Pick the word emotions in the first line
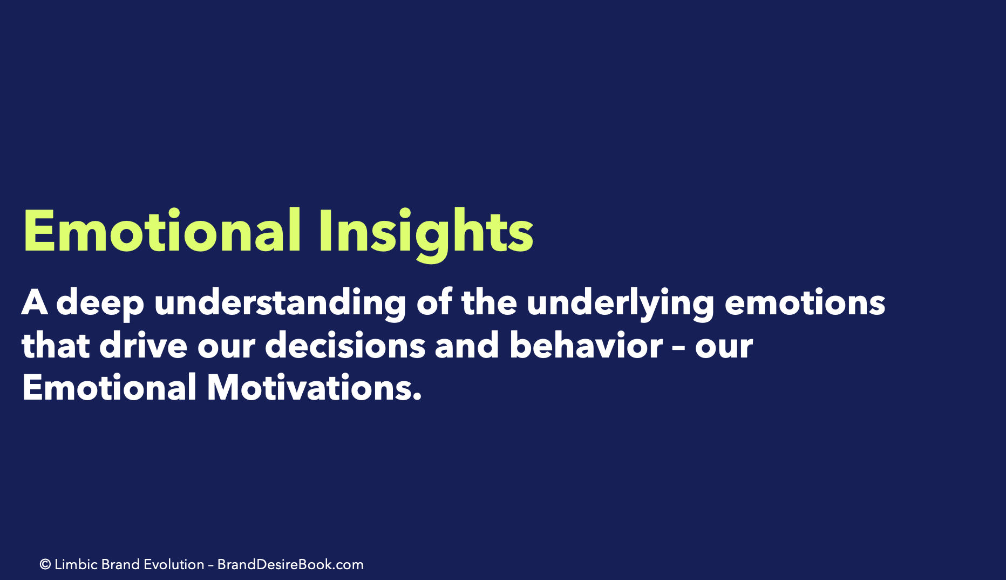(805, 303)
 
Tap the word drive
(143, 346)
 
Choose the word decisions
(345, 346)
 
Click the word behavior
(586, 346)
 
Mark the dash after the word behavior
(679, 348)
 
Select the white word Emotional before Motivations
(110, 388)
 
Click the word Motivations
(314, 388)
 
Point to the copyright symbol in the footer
(45, 565)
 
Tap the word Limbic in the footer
(76, 564)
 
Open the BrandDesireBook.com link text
(290, 564)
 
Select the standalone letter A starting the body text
(35, 302)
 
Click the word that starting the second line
(56, 346)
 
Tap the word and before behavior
(467, 346)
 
